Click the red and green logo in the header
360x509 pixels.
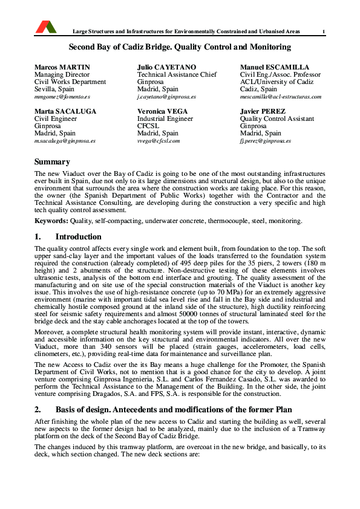point(46,26)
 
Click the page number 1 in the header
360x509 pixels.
point(324,31)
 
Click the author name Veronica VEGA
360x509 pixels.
point(162,111)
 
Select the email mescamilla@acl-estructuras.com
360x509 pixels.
point(280,97)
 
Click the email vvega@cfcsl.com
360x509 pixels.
point(159,141)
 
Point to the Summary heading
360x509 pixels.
point(52,161)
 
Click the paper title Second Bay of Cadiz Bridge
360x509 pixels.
point(180,47)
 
